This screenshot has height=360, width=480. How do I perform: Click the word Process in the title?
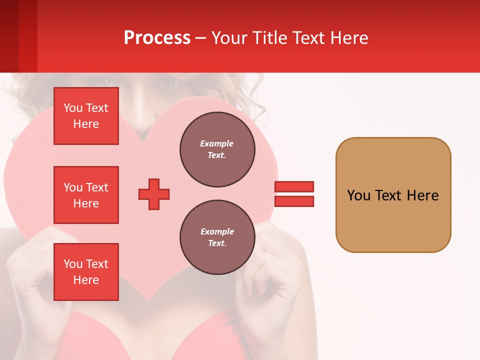click(157, 38)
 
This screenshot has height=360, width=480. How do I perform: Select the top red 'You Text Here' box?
click(86, 116)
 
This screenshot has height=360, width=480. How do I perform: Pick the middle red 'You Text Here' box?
click(86, 195)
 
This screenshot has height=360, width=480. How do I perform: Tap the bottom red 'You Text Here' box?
click(86, 272)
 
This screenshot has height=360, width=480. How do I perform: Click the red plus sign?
click(154, 194)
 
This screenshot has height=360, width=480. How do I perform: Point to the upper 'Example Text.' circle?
click(217, 149)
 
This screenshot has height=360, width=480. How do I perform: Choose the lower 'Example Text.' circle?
click(217, 237)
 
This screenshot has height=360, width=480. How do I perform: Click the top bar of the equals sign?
click(294, 186)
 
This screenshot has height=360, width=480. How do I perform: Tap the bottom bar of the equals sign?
click(294, 201)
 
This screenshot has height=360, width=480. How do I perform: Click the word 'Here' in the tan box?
click(422, 195)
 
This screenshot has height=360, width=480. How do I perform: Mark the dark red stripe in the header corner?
click(9, 36)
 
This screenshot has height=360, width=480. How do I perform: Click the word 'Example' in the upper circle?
click(217, 144)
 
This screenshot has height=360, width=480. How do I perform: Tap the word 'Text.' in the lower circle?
click(217, 243)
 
